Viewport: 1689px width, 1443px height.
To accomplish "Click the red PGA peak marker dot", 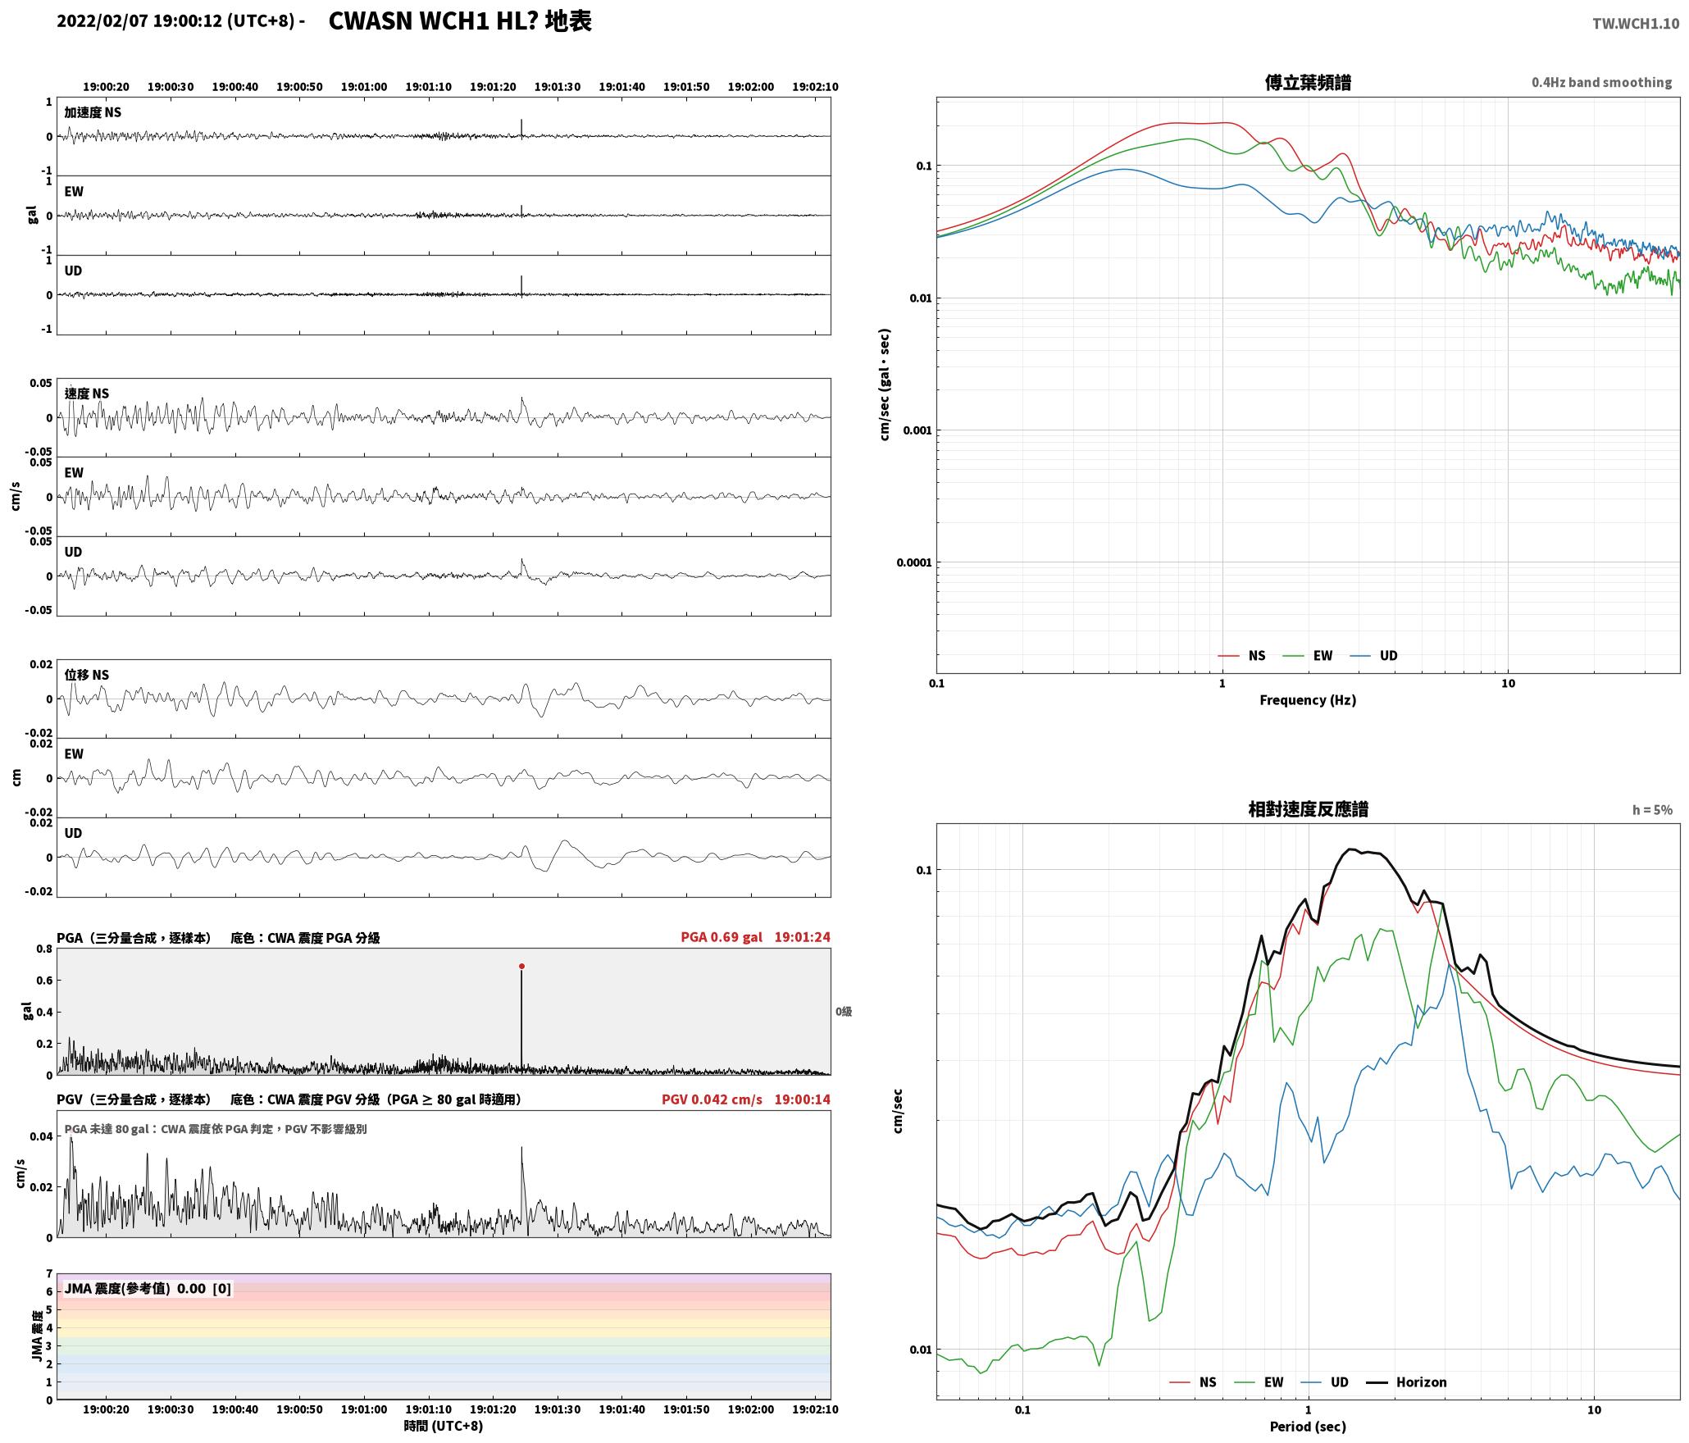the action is pyautogui.click(x=521, y=967).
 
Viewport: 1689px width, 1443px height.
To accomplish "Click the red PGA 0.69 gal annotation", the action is pyautogui.click(x=722, y=937).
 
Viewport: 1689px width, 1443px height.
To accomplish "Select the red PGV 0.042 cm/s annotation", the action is pyautogui.click(x=712, y=1099).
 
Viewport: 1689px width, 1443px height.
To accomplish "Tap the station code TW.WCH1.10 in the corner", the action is pyautogui.click(x=1636, y=24).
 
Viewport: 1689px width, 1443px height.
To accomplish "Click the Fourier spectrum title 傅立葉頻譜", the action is pyautogui.click(x=1308, y=83).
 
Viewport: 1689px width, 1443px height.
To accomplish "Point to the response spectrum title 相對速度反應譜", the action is pyautogui.click(x=1308, y=809).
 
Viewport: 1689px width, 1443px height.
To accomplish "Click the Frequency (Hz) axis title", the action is pyautogui.click(x=1308, y=700).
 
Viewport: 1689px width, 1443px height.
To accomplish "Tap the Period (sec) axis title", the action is pyautogui.click(x=1308, y=1427).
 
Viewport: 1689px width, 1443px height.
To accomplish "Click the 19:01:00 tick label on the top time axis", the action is pyautogui.click(x=364, y=87).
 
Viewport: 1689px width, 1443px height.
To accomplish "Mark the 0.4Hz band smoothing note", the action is pyautogui.click(x=1601, y=83).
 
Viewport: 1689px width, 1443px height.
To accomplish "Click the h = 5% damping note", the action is pyautogui.click(x=1652, y=810).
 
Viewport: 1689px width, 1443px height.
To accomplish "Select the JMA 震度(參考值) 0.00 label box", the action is pyautogui.click(x=148, y=1289).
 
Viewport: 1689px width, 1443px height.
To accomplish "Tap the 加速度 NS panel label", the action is pyautogui.click(x=93, y=112).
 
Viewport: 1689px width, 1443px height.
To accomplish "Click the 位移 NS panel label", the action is pyautogui.click(x=87, y=675).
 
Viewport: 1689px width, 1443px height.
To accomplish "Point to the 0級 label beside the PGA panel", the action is pyautogui.click(x=844, y=1012).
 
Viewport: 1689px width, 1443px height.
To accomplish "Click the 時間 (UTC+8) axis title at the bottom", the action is pyautogui.click(x=444, y=1426).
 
